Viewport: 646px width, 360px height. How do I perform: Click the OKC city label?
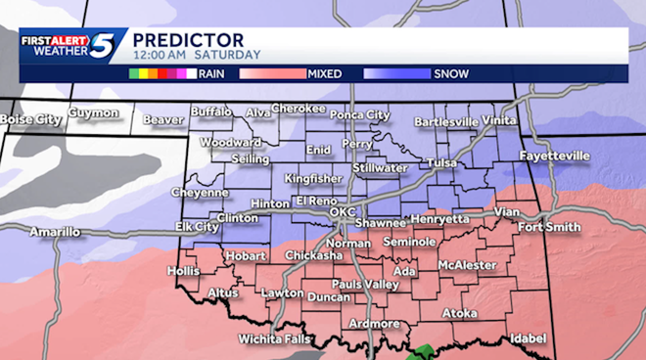coord(343,211)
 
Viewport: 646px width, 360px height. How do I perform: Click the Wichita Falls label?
coord(277,339)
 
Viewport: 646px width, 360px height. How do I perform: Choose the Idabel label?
coord(528,338)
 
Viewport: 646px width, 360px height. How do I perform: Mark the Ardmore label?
coord(374,324)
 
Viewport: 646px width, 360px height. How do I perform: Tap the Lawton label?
coord(283,292)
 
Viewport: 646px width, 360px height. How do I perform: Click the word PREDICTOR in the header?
coord(182,38)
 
